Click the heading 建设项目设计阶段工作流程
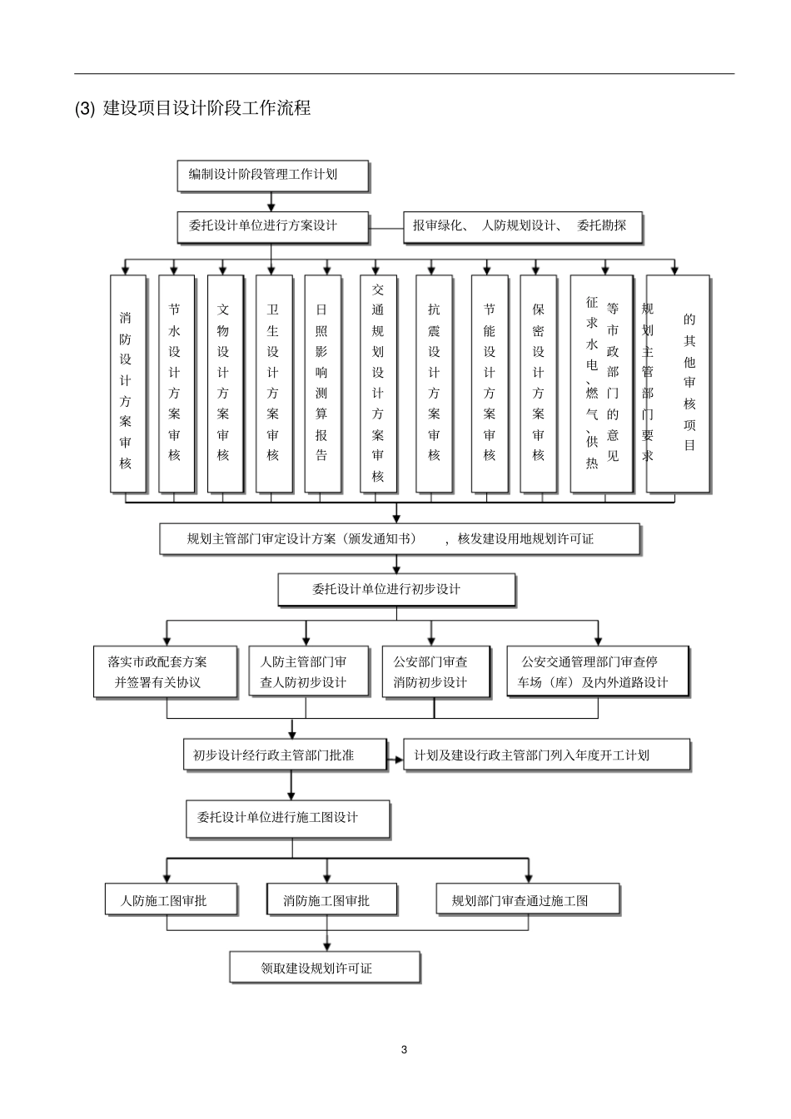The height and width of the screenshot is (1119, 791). (x=206, y=108)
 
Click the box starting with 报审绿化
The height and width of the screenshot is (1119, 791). (x=522, y=225)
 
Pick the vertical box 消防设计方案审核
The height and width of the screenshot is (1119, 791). (x=127, y=383)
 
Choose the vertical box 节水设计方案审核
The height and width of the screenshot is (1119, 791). (x=175, y=383)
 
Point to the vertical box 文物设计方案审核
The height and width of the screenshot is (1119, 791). (x=224, y=383)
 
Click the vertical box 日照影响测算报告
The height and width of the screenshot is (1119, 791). (x=322, y=383)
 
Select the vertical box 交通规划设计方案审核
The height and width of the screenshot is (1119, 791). (x=378, y=383)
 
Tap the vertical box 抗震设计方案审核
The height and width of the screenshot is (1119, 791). (x=434, y=383)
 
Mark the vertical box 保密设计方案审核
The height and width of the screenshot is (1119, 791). (x=538, y=383)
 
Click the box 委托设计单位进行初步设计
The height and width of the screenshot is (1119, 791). (x=395, y=589)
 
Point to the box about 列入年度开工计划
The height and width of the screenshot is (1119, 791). (x=546, y=755)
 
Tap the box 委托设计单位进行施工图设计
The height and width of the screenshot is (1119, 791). (x=287, y=819)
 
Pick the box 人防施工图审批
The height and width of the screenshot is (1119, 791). (x=170, y=900)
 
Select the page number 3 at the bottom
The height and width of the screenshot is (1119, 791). (x=405, y=1049)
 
